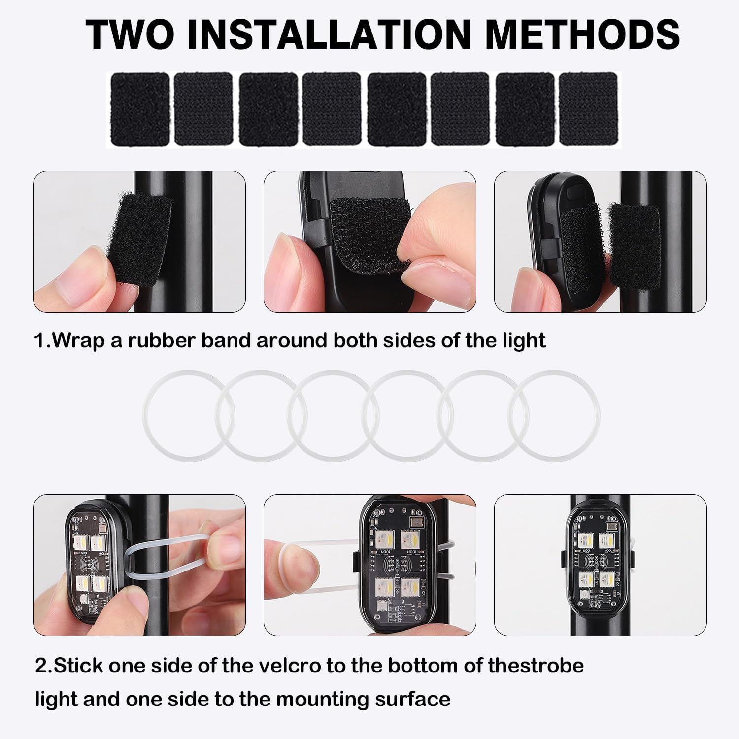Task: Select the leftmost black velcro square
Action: coord(140,109)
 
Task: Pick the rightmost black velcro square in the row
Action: coord(588,109)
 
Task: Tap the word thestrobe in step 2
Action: coord(536,666)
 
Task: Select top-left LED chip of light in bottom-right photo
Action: coord(586,539)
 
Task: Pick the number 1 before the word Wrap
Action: coord(39,341)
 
